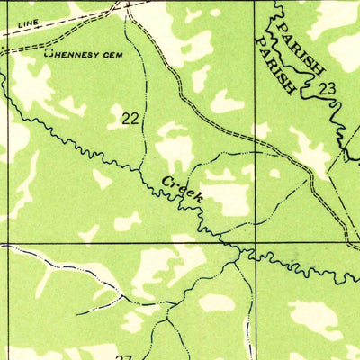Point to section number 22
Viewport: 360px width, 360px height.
pos(130,117)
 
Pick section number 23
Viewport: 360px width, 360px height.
pos(326,88)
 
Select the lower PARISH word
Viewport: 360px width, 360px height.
pos(276,66)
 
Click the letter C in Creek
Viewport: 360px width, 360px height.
pos(168,182)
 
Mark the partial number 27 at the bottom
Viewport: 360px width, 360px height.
pos(123,356)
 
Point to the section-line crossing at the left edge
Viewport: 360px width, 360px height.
pos(7,243)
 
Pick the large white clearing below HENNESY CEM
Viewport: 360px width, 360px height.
pos(36,90)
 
